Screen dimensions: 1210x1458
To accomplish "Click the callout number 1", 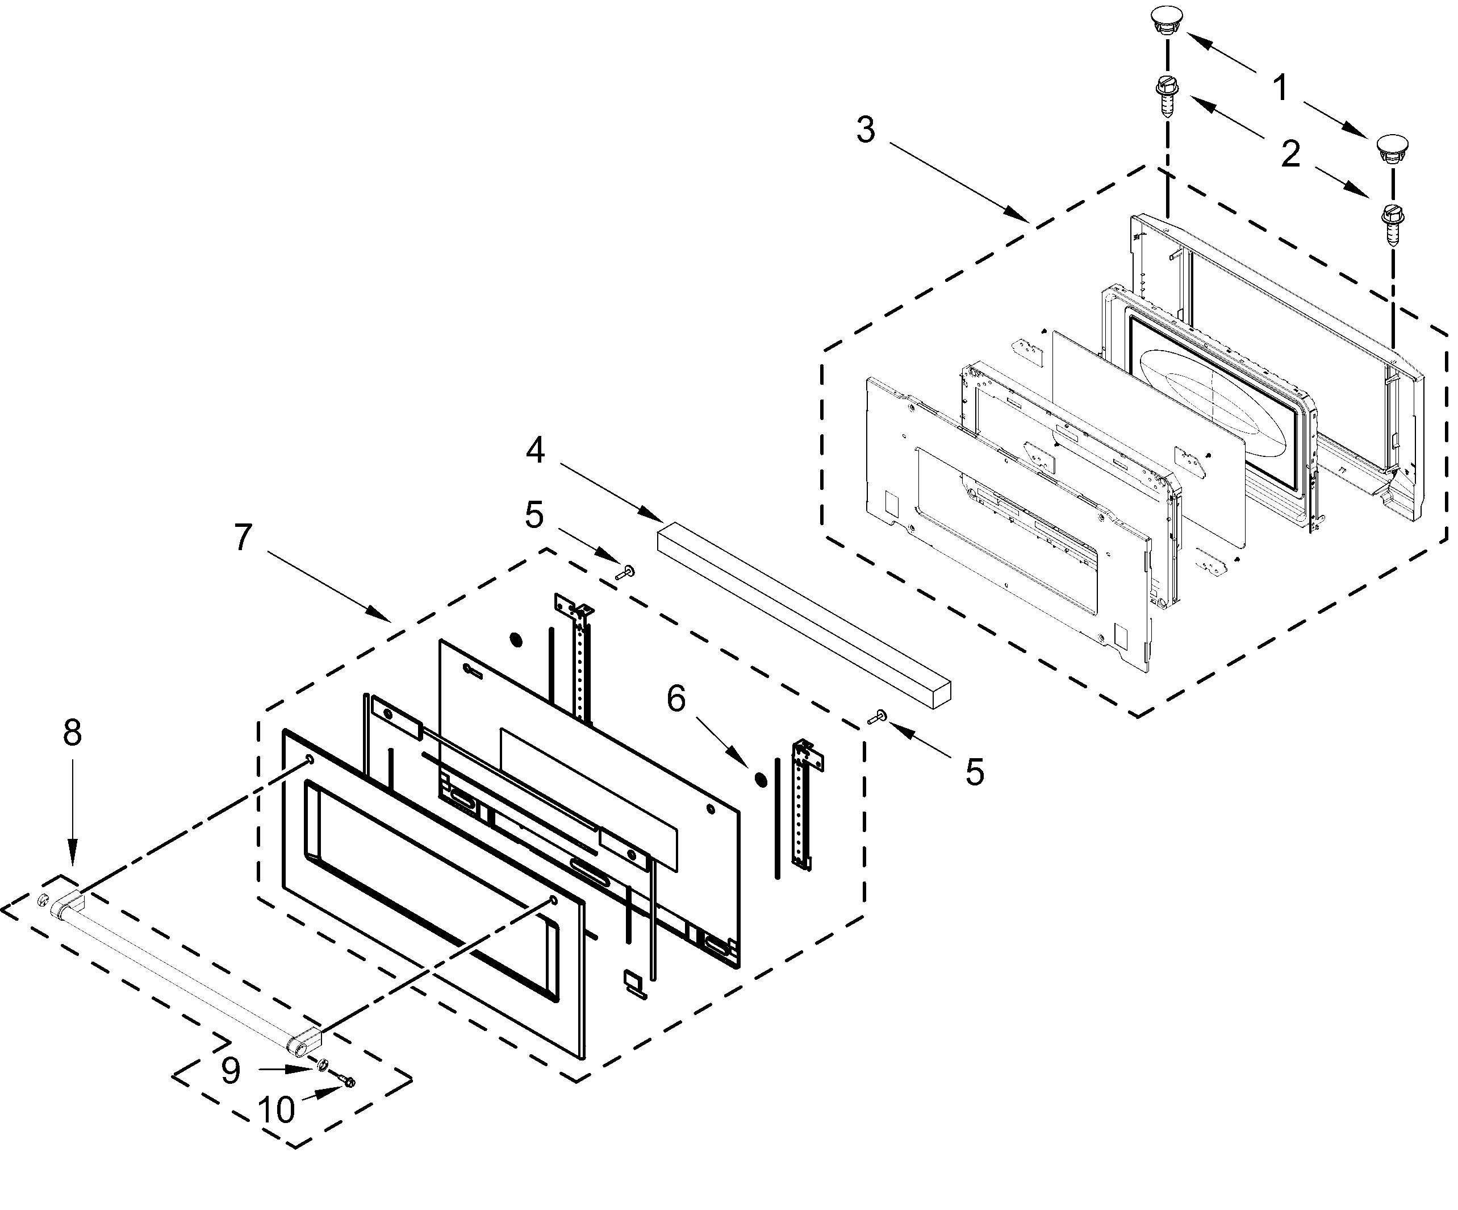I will pos(1280,88).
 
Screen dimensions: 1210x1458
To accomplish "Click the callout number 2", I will pos(1290,153).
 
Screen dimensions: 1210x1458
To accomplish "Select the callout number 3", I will pos(865,130).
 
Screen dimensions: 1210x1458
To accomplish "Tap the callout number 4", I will pos(534,451).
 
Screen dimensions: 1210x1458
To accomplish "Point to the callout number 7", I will pos(243,538).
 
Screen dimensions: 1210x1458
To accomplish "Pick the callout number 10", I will pos(277,1110).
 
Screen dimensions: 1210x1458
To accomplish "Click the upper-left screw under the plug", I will pos(1168,97).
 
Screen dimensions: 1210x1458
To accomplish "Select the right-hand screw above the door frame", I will pos(1392,222).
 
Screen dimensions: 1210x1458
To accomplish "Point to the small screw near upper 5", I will pos(627,572).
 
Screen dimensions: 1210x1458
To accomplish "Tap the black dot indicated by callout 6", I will pos(761,779).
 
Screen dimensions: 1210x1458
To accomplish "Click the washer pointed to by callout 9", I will pos(323,1065).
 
